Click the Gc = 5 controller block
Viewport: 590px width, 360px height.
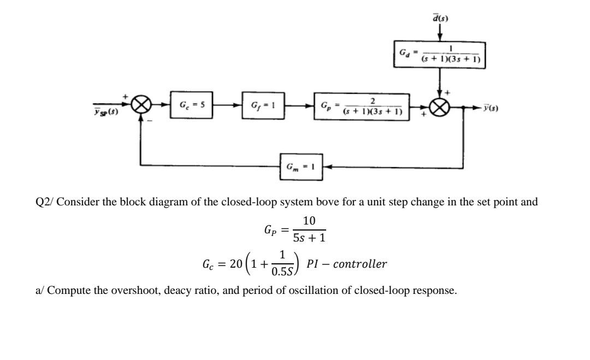[x=191, y=104]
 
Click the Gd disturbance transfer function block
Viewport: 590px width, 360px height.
[x=440, y=54]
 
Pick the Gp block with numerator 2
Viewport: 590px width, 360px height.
[x=362, y=107]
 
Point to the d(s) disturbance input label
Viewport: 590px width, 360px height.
[x=440, y=18]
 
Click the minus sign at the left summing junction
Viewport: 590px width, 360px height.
[x=153, y=122]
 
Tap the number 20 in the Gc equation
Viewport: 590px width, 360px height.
[x=236, y=264]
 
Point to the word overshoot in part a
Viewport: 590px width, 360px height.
[x=129, y=291]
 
